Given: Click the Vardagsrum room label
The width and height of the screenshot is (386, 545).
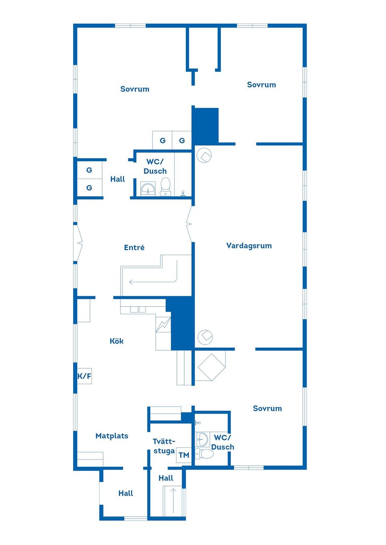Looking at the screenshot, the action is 249,246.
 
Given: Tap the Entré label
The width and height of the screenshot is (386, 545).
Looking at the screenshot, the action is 134,248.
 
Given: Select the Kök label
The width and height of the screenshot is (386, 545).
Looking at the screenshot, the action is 117,341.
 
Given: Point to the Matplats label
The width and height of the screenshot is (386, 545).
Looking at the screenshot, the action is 112,435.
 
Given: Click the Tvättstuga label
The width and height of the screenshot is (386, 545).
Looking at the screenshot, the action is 164,446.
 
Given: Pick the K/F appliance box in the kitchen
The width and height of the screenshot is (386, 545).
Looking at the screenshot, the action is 84,376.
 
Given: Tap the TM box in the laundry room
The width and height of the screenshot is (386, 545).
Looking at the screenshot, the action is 184,455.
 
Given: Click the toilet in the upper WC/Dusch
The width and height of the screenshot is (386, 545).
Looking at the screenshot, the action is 166,187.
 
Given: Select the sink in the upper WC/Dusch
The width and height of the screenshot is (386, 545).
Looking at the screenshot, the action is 148,189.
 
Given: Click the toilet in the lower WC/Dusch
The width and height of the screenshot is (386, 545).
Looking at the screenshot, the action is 204,453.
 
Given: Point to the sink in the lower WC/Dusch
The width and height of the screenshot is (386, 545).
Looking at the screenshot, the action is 203,439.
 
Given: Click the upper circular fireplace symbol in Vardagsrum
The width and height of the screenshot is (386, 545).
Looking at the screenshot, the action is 204,155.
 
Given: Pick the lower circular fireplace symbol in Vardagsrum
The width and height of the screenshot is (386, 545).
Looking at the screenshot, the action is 205,337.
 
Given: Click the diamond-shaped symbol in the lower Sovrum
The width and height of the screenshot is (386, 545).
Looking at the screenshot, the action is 211,367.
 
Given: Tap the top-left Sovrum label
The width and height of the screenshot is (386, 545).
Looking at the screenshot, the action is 135,89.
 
